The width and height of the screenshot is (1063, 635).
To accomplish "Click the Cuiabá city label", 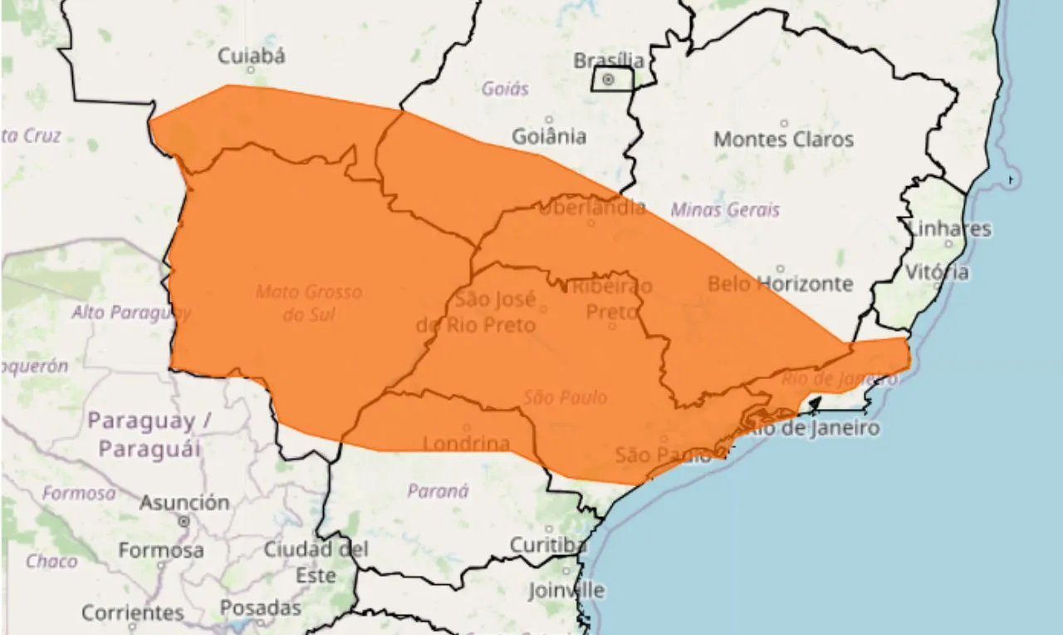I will (x=252, y=56).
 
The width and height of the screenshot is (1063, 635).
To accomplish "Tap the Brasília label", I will (x=609, y=61).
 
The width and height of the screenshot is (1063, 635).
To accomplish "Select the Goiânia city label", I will (x=548, y=135).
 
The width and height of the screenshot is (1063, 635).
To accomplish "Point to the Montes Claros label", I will (x=783, y=139).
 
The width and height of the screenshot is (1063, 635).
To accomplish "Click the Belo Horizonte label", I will (x=780, y=283).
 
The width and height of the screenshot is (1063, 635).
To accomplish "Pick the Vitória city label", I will (x=937, y=272).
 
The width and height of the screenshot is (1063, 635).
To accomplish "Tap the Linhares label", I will (x=950, y=229).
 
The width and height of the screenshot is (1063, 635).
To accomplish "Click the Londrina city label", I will (x=466, y=444).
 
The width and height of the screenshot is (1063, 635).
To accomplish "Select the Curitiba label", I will (x=547, y=545).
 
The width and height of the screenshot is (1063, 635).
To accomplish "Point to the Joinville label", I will (x=566, y=590).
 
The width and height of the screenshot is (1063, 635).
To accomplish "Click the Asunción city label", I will (x=184, y=503).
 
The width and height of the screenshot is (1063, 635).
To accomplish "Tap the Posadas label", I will (x=261, y=608).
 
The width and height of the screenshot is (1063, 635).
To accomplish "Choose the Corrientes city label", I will (x=133, y=613).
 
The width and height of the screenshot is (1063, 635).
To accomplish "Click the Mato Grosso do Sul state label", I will (x=309, y=303).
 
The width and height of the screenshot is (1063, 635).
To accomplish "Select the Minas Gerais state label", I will (x=725, y=209).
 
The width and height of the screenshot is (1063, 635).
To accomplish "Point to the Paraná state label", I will (x=438, y=491).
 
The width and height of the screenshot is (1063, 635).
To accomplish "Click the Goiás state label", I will (x=505, y=88).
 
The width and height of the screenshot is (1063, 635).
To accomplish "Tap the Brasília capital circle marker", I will (x=609, y=80).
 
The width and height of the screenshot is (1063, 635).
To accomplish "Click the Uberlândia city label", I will (x=591, y=208).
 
